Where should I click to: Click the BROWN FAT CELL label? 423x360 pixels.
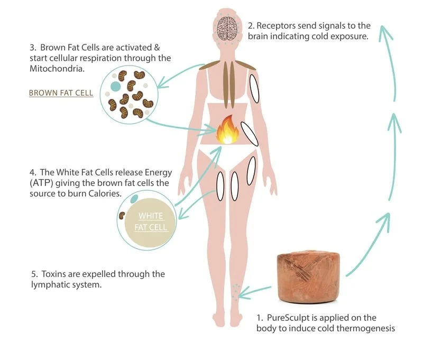[x=61, y=93]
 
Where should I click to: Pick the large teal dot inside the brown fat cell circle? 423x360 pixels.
[x=115, y=86]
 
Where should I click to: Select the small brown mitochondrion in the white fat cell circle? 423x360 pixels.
[x=122, y=215]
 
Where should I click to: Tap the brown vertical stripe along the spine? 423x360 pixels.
[x=229, y=85]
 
